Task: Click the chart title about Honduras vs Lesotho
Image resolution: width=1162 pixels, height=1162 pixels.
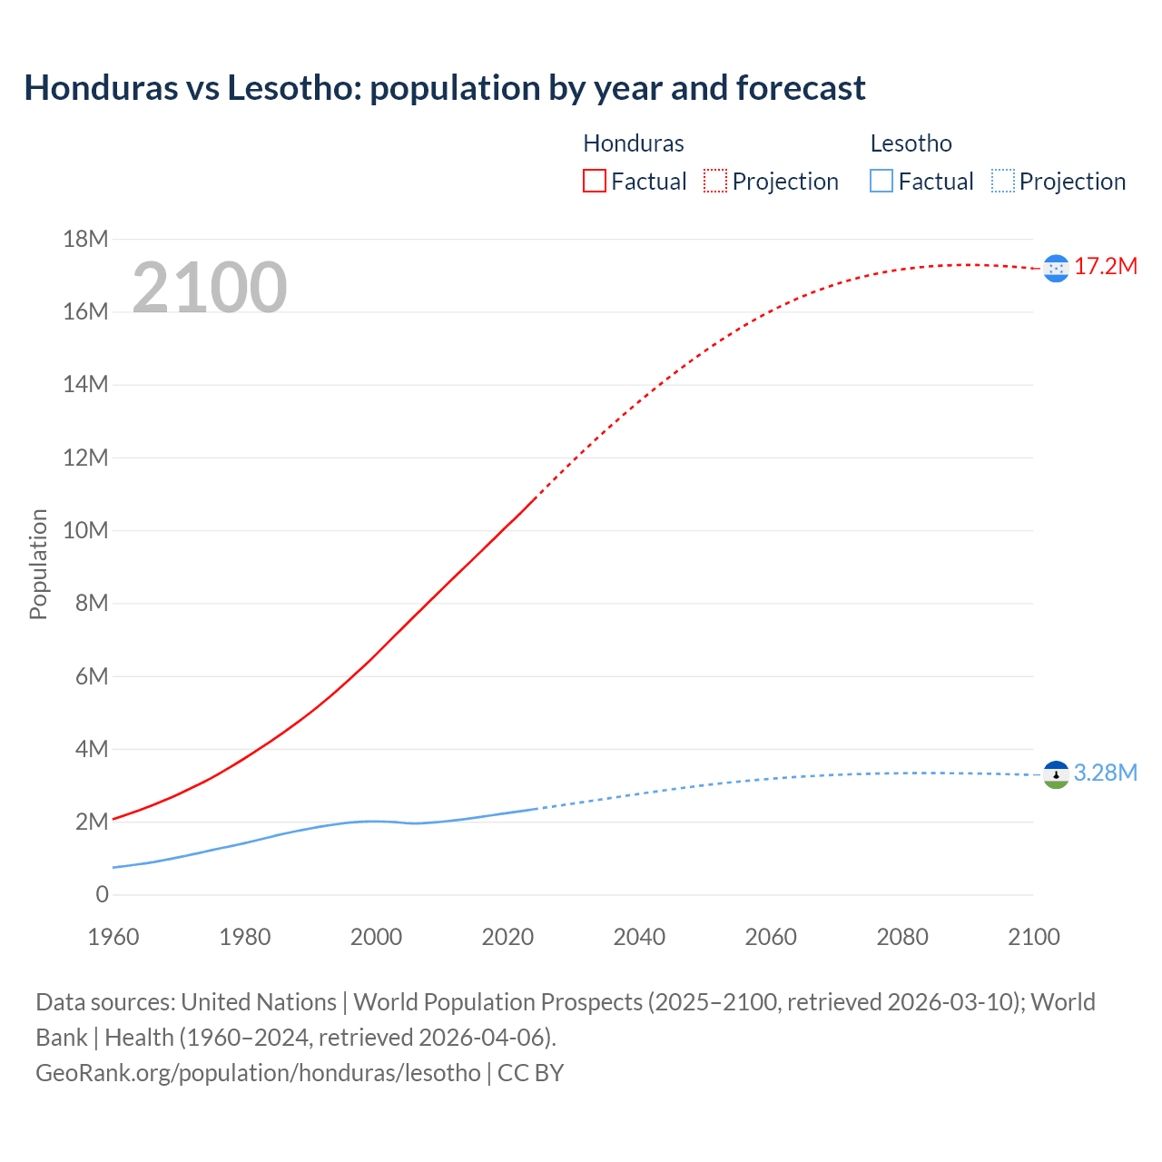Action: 445,88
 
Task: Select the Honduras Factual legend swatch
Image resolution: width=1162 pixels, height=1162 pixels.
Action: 595,181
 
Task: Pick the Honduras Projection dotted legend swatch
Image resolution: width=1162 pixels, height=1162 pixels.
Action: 715,181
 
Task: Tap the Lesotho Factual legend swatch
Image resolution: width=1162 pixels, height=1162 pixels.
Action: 881,181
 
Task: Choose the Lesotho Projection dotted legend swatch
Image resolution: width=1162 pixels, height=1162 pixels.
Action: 1003,181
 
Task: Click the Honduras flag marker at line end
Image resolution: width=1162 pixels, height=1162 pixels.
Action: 1056,268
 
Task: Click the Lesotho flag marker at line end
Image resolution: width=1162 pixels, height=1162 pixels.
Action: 1056,774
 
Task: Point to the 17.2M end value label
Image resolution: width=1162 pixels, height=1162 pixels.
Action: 1106,266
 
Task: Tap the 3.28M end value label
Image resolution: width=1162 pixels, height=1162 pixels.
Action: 1106,773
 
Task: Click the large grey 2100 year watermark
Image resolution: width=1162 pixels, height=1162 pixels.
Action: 210,288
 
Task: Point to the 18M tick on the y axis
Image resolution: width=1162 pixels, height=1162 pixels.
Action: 85,239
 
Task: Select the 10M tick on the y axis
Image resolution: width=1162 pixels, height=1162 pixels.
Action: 85,530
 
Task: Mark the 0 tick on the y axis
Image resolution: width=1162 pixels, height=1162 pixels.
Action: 102,894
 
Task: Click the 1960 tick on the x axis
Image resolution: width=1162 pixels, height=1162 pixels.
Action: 113,937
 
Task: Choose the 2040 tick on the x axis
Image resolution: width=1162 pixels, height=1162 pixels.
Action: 639,937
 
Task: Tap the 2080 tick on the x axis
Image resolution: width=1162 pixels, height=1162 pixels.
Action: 902,937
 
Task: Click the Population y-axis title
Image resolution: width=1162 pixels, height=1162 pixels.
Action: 38,564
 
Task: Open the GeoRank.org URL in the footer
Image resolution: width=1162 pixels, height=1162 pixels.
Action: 258,1072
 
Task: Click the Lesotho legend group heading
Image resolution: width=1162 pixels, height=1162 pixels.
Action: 911,143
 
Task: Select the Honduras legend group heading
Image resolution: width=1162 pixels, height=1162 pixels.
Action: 633,143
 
